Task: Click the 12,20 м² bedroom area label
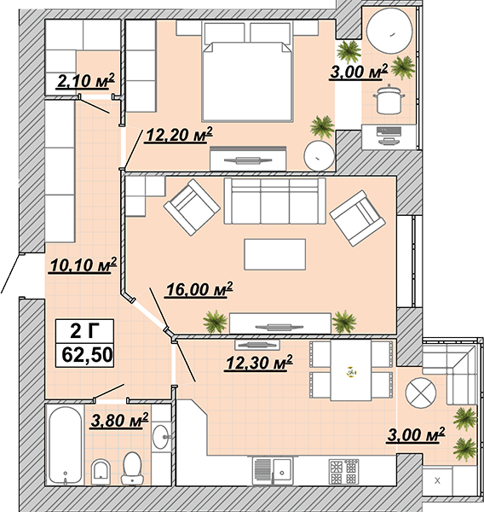(180, 134)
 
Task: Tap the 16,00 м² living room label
(199, 289)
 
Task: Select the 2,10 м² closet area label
(86, 81)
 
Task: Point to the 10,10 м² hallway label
(83, 265)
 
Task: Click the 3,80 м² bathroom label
(119, 420)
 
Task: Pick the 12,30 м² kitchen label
(259, 364)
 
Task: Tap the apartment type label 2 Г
(85, 331)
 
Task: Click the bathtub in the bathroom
(66, 445)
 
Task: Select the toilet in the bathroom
(132, 468)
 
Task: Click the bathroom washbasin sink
(161, 437)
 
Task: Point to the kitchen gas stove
(343, 472)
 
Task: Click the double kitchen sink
(273, 470)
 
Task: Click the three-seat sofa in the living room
(274, 201)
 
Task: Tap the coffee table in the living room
(275, 254)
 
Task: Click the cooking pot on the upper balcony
(389, 99)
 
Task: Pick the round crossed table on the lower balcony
(421, 393)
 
